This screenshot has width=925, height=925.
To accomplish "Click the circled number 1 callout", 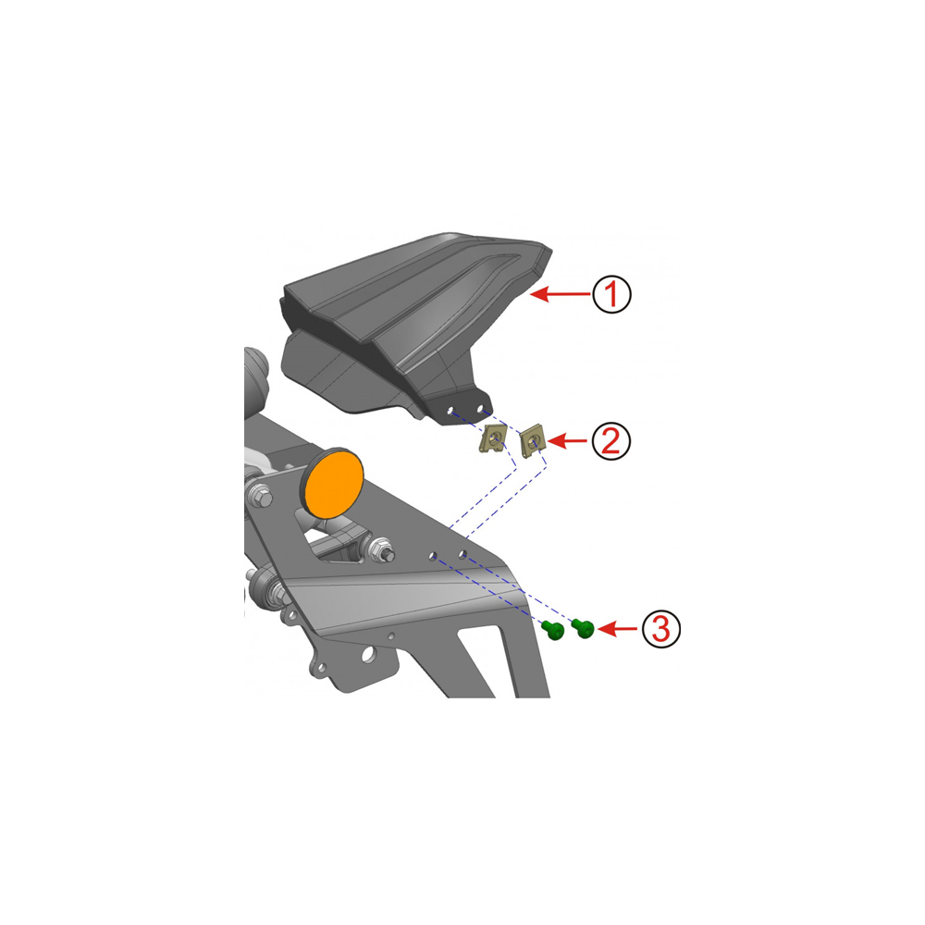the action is coord(611,294).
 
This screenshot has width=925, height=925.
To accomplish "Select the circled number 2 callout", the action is coord(611,440).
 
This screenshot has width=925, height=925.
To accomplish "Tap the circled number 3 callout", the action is coord(660,629).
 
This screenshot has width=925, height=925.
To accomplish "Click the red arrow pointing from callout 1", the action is coord(561,294).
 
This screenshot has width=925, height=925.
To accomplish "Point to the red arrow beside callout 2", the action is coord(568,440).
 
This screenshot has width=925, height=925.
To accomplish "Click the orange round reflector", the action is coord(333,483).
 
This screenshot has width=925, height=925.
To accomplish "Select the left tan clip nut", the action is coord(492,438).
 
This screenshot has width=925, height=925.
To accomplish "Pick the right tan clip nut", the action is coord(533,440).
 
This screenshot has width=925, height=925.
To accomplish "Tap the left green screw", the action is coord(553,630).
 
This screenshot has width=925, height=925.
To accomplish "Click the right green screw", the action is coord(584,628).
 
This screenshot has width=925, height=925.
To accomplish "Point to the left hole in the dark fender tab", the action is coord(450,410).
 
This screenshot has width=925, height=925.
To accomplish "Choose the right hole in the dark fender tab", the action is coord(480,408).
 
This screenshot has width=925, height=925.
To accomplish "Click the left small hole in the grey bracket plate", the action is coord(432,556).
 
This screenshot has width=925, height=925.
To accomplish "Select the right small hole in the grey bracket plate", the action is coord(463,554).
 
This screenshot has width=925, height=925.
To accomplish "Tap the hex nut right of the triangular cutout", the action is coord(382,549).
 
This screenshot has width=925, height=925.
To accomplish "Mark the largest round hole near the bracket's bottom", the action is coord(368,654).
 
